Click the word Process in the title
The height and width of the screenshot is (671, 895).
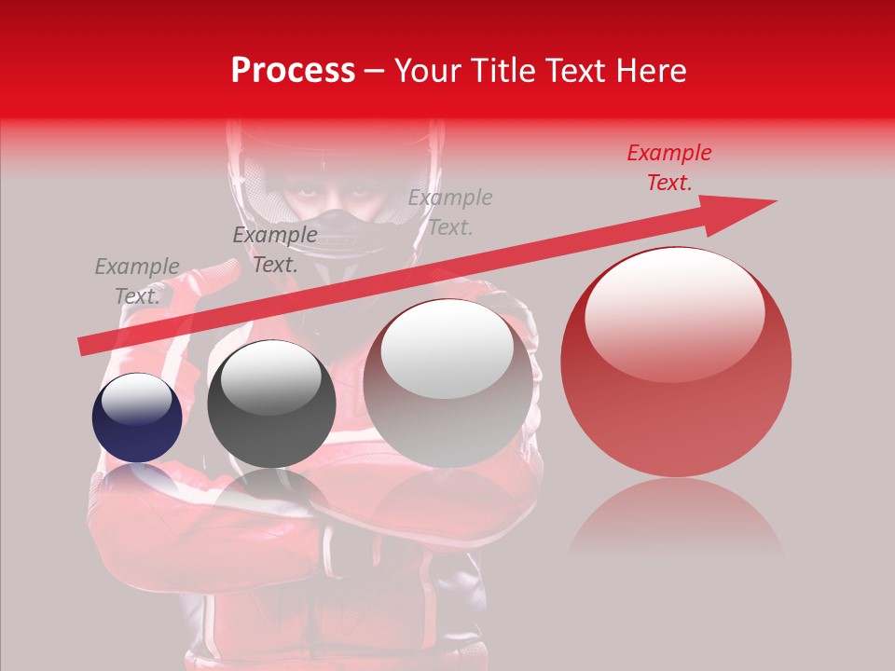pos(293,71)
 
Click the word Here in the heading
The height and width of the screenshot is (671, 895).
pos(652,71)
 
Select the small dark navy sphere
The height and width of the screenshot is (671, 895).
pos(137,418)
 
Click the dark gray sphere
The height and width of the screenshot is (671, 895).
pos(270,404)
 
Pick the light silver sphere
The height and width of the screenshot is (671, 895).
pos(448,382)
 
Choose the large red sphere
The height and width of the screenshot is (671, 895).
pos(676,362)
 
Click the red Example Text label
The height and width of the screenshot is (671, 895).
pos(668,168)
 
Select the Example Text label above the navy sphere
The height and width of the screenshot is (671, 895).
pos(137,281)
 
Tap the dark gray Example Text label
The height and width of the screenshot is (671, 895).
pos(274,250)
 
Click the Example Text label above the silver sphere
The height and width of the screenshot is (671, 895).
pos(450,212)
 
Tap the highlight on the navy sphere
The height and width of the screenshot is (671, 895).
pos(137,399)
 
